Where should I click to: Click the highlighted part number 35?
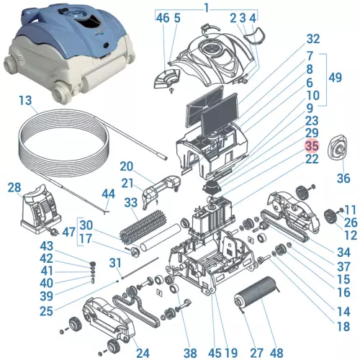click(311, 145)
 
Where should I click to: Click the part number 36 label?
click(343, 177)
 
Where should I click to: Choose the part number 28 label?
click(14, 188)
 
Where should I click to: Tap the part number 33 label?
click(130, 203)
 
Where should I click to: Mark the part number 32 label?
click(312, 38)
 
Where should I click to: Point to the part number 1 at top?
click(207, 8)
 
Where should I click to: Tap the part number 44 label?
click(108, 194)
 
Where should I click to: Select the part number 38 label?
click(189, 353)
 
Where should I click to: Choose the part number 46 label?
click(162, 17)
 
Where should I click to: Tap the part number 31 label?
click(115, 263)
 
